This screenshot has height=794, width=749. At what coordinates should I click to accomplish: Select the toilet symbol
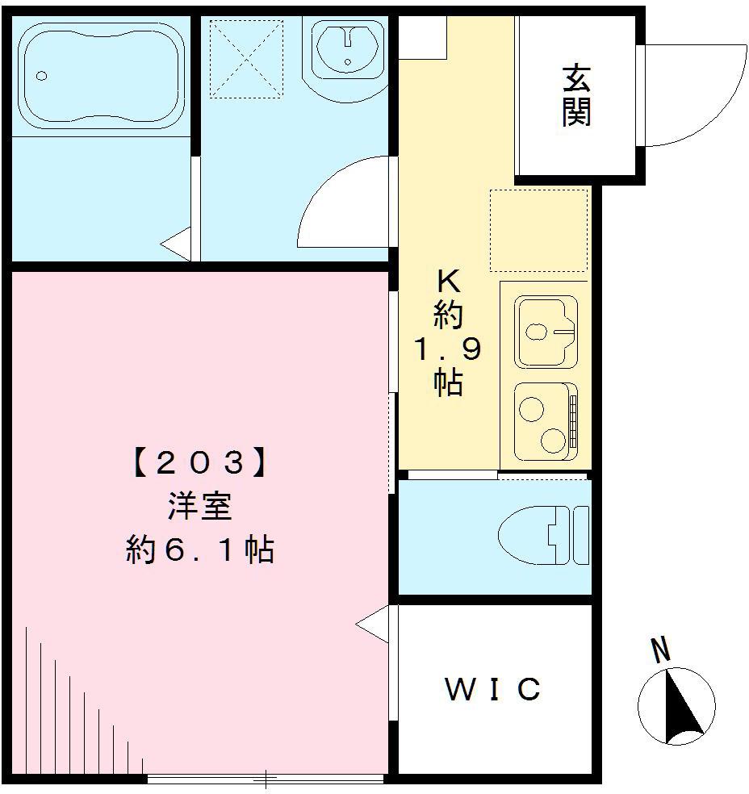pos(542,536)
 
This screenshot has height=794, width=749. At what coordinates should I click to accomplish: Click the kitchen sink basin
pos(546,331)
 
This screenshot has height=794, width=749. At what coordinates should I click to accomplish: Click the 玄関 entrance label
pos(576,96)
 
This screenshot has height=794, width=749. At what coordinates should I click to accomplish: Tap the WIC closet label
pos(492,690)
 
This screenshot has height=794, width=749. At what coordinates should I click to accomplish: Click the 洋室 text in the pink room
pos(199,508)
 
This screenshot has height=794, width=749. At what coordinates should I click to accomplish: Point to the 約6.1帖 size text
pos(199,551)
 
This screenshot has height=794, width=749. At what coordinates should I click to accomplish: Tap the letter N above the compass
pos(661,650)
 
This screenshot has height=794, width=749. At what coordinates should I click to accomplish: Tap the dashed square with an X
pos(247,59)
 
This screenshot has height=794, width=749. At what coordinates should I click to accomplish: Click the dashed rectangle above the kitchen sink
pos(538,231)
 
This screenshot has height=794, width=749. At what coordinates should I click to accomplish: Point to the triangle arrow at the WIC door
pos(373,626)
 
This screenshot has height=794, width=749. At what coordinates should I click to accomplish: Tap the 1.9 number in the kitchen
pos(448,349)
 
